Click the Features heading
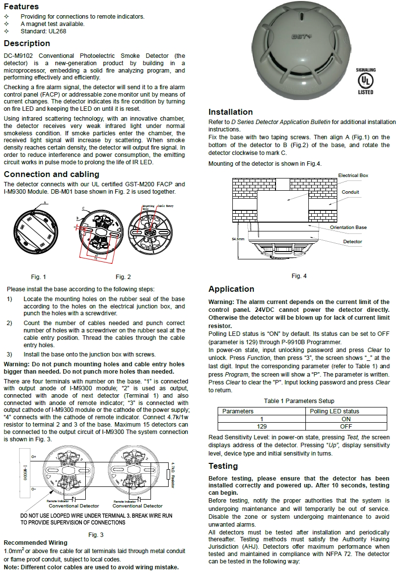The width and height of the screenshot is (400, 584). click(21, 6)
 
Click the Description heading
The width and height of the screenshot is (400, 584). click(27, 43)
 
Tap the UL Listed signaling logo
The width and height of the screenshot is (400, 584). click(365, 81)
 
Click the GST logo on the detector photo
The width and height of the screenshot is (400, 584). click(300, 36)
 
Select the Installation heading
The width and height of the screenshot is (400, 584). click(230, 112)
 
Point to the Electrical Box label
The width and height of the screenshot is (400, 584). click(353, 175)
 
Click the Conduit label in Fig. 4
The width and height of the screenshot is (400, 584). click(350, 192)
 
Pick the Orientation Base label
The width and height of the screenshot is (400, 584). click(348, 228)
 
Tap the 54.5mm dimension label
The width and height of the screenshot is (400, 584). click(238, 239)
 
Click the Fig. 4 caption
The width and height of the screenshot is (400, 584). click(299, 276)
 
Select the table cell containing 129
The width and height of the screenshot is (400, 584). click(262, 427)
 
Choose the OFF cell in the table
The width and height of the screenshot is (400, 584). click(346, 427)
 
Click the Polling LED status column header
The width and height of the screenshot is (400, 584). click(335, 411)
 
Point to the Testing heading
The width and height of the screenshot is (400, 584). click(223, 466)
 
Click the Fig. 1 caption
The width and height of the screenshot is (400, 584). click(38, 277)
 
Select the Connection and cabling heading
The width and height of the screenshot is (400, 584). click(51, 174)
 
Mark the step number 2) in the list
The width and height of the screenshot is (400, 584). click(10, 323)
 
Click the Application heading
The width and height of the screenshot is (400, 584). click(231, 289)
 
